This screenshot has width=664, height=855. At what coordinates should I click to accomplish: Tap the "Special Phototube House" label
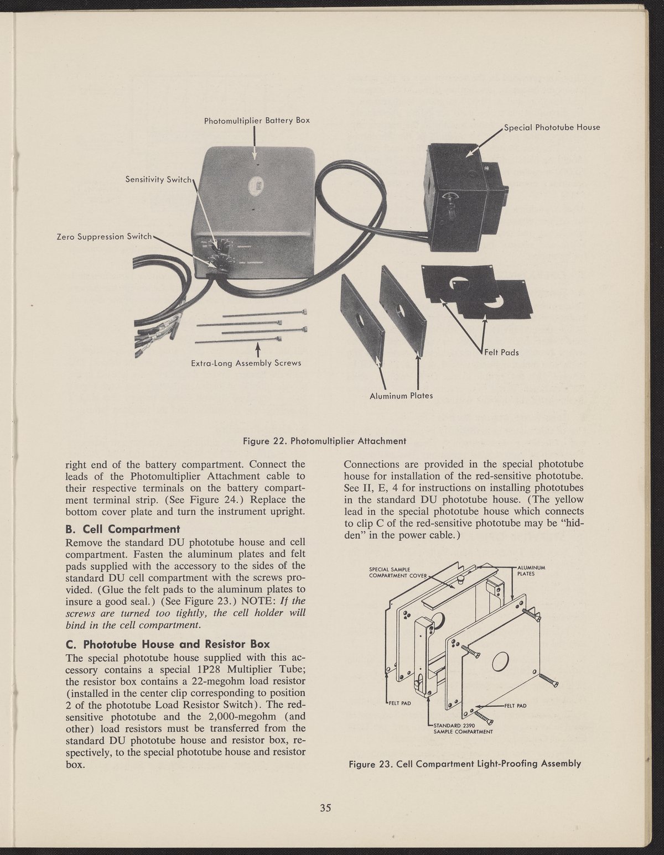coord(552,127)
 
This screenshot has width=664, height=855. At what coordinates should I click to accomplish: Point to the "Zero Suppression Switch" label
coord(104,236)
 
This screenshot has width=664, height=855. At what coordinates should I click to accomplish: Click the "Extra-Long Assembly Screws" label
coord(246,363)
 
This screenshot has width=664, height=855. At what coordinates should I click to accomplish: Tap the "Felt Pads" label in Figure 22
coord(501,352)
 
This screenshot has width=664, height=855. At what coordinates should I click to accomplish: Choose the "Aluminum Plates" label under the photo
coord(401,395)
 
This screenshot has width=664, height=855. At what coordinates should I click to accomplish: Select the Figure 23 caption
coord(465,764)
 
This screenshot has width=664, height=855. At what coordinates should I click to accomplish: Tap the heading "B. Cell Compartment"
coord(122,528)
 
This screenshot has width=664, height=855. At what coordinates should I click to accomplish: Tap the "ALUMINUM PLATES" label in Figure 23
coord(531,570)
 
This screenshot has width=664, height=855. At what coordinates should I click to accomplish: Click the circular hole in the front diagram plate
coord(499,660)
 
